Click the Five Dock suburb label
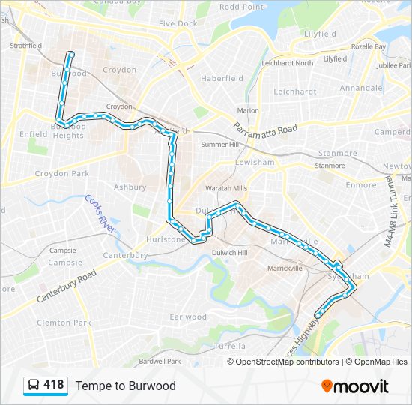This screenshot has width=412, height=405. (x=178, y=24)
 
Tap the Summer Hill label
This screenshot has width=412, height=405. (x=217, y=144)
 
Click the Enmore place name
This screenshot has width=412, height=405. (x=361, y=184)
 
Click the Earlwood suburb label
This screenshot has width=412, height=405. (x=188, y=317)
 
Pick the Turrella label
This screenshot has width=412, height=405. (x=229, y=346)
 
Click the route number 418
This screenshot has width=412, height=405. (x=54, y=385)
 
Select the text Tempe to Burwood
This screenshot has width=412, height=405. (x=125, y=385)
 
